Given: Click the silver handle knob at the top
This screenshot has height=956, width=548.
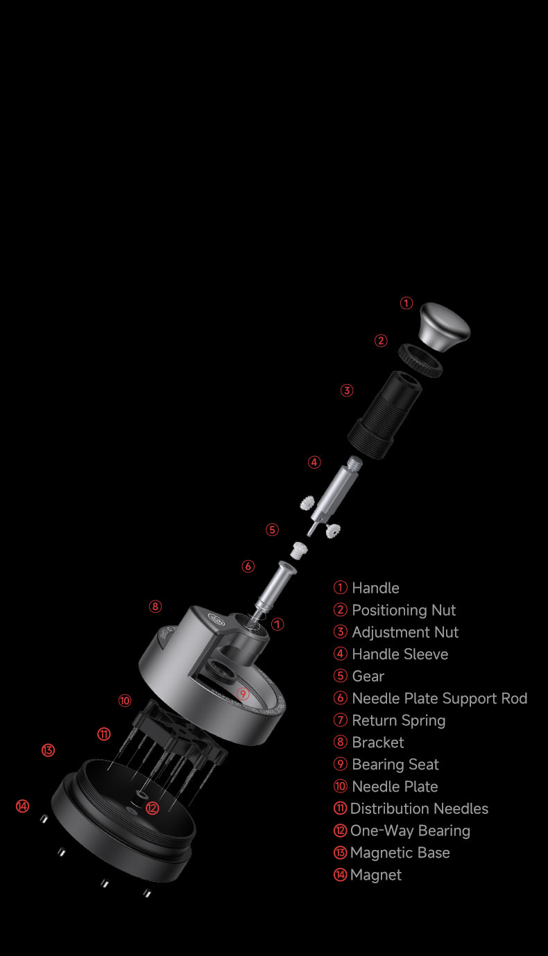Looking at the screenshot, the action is (444, 327).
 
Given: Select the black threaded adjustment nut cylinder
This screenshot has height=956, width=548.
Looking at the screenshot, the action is (384, 415).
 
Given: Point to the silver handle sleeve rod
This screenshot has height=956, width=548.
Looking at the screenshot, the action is (335, 494).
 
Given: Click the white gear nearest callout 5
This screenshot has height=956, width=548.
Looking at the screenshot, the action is (300, 550).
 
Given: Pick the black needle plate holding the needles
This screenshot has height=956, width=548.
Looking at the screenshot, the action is (180, 733).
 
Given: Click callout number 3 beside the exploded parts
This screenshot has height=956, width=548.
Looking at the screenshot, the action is (347, 390).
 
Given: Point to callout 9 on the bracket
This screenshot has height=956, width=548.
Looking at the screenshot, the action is (243, 694).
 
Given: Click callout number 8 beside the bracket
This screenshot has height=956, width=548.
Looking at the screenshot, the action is (155, 607).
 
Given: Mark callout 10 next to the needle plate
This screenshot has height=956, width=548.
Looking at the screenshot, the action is (125, 700).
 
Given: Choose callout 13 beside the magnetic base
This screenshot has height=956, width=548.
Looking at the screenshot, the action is (48, 750).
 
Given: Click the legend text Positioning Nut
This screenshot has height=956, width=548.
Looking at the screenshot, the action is (404, 610).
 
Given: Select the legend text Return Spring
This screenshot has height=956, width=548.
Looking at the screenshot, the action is (398, 720).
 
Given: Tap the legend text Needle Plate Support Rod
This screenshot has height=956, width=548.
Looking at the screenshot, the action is (440, 698).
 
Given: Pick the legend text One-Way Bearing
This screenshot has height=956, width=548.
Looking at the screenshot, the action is (410, 831).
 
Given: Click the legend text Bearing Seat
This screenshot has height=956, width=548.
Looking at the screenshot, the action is (395, 765).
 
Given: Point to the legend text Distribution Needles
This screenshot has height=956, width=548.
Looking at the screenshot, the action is (419, 808).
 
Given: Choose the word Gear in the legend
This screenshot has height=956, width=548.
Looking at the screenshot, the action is (368, 676).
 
